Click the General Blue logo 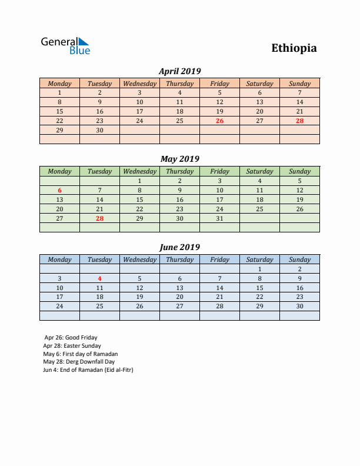click(65, 46)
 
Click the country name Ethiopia click(294, 48)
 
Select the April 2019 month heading click(179, 71)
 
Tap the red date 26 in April click(219, 121)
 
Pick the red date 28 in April click(299, 121)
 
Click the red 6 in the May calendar click(59, 190)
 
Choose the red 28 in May click(99, 218)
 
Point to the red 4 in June click(99, 278)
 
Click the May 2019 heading click(179, 159)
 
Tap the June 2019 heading click(179, 247)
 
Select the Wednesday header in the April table click(139, 84)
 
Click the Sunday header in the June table click(299, 259)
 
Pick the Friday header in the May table click(219, 171)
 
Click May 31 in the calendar click(219, 218)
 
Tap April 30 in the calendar click(99, 130)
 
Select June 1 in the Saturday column click(259, 269)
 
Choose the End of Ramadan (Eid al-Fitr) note click(88, 370)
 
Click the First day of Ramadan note click(80, 354)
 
